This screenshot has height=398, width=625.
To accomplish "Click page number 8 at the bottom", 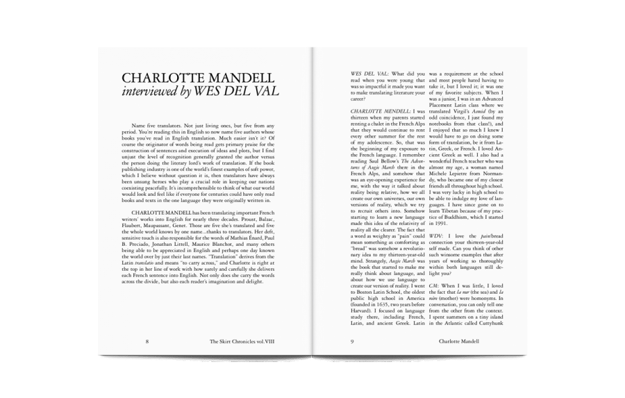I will (x=147, y=341).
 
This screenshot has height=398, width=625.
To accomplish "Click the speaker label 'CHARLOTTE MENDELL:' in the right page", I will (x=380, y=111).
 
